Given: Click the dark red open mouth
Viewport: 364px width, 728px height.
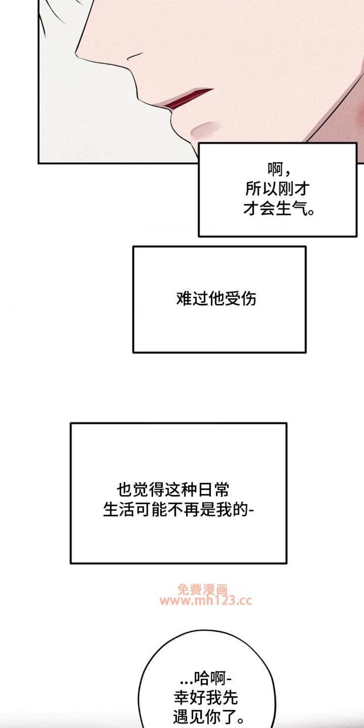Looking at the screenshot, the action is pyautogui.click(x=187, y=98).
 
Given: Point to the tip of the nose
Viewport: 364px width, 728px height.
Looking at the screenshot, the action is pyautogui.click(x=76, y=52).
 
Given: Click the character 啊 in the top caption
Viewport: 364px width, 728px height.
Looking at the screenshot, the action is pyautogui.click(x=275, y=169).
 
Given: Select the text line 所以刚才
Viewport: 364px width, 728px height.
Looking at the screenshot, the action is pyautogui.click(x=277, y=189).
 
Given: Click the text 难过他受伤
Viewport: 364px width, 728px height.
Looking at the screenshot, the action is pyautogui.click(x=216, y=298).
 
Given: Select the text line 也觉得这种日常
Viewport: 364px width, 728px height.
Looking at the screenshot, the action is pyautogui.click(x=172, y=490).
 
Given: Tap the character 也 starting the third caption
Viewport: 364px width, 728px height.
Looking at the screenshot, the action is pyautogui.click(x=124, y=490).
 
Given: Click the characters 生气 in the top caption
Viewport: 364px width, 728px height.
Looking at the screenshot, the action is pyautogui.click(x=291, y=208).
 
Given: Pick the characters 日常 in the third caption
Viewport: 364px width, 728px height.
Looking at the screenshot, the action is pyautogui.click(x=213, y=490).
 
